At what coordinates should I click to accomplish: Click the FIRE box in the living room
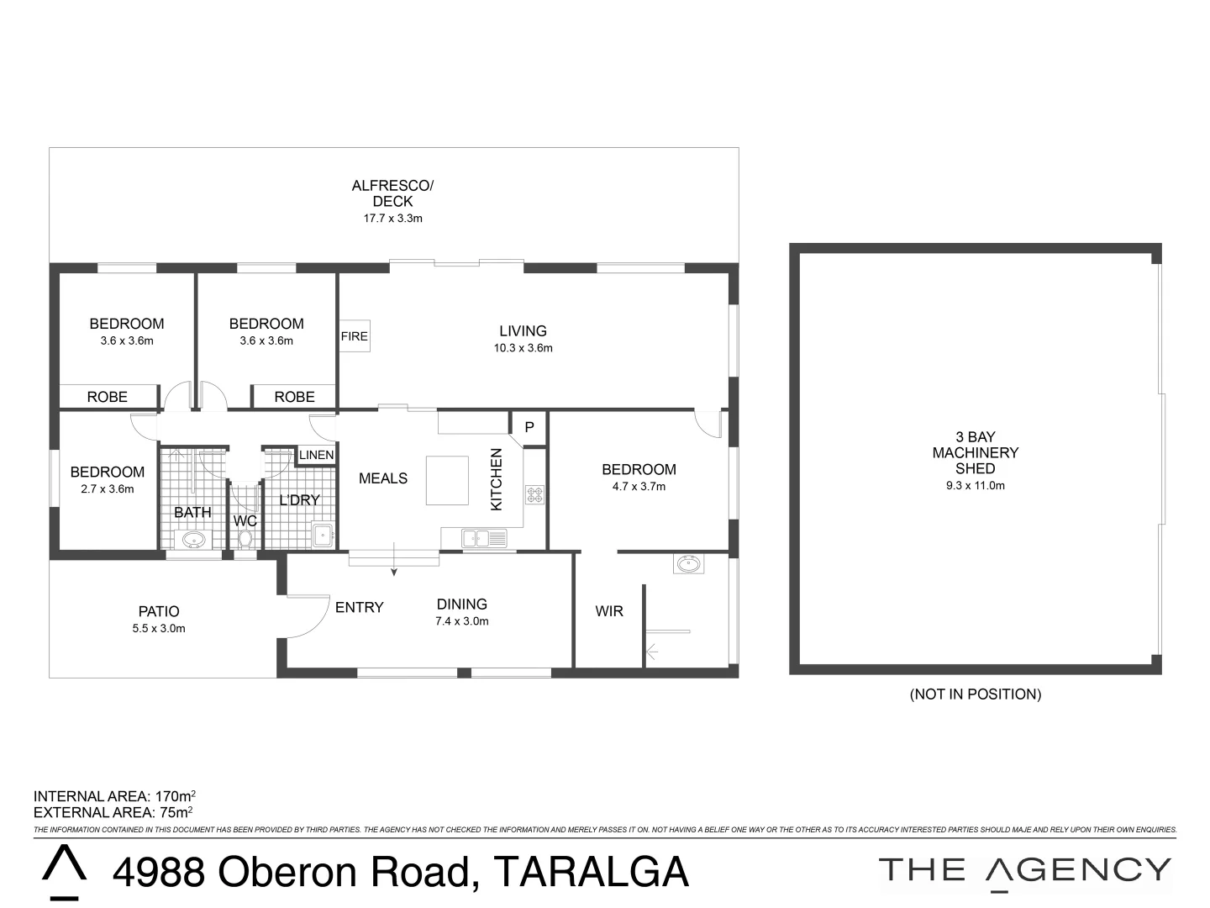[354, 336]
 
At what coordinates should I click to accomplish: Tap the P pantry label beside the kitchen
[529, 427]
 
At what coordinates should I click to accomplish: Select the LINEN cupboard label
[317, 455]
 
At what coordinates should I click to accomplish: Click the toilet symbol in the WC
[245, 540]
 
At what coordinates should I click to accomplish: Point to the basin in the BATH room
[194, 540]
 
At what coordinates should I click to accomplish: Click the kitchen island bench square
[446, 480]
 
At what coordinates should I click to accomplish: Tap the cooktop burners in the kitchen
[535, 494]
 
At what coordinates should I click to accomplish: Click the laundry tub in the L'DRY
[323, 535]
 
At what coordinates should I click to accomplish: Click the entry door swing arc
[309, 618]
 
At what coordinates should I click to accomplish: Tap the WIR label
[609, 611]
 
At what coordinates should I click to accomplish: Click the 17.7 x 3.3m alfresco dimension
[392, 219]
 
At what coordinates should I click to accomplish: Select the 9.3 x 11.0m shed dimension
[975, 485]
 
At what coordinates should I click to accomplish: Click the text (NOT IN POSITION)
[975, 694]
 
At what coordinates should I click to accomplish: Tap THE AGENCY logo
[1024, 870]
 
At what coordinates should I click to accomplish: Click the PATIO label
[159, 611]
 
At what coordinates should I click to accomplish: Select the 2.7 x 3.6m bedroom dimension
[107, 489]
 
